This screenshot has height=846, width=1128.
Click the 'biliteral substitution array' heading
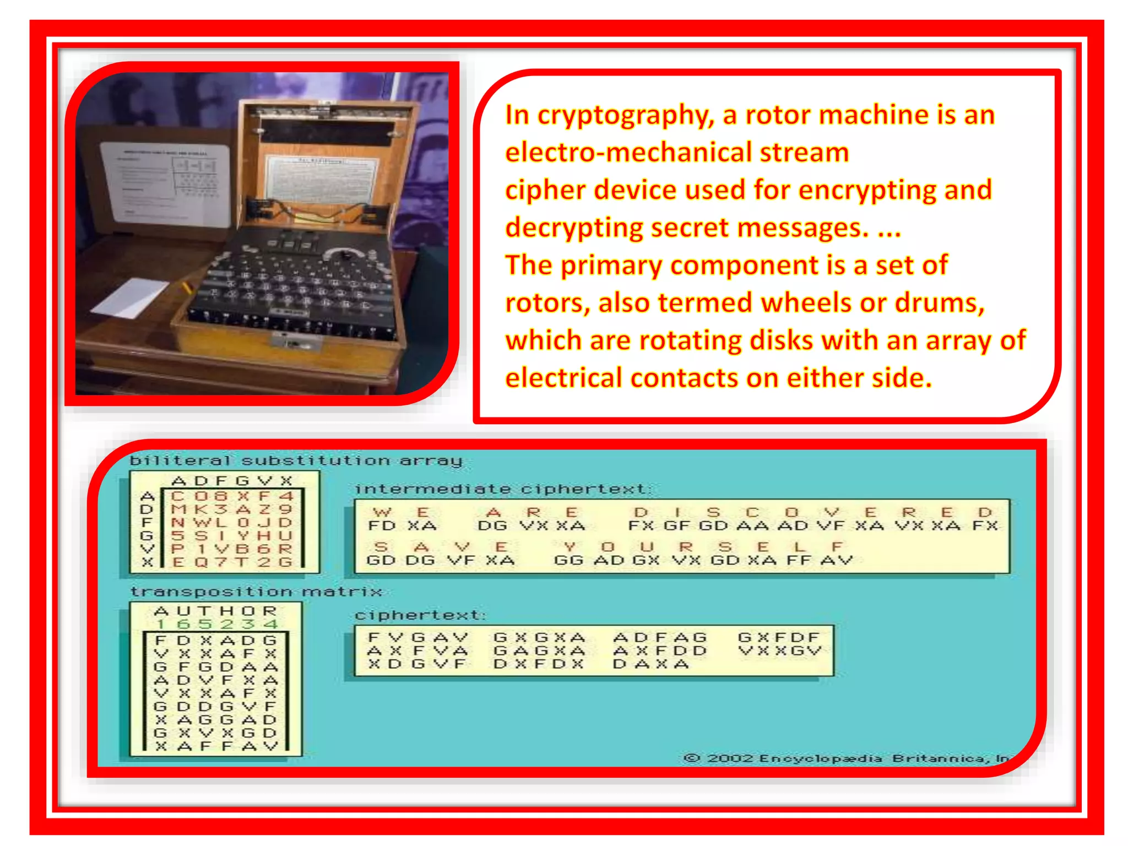(296, 460)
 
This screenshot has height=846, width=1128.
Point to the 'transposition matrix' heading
(256, 592)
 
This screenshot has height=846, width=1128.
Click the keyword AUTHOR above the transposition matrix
(215, 611)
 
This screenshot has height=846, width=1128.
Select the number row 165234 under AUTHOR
(216, 625)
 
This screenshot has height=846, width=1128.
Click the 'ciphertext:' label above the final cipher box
(420, 615)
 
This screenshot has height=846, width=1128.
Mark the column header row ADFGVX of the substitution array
(231, 481)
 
